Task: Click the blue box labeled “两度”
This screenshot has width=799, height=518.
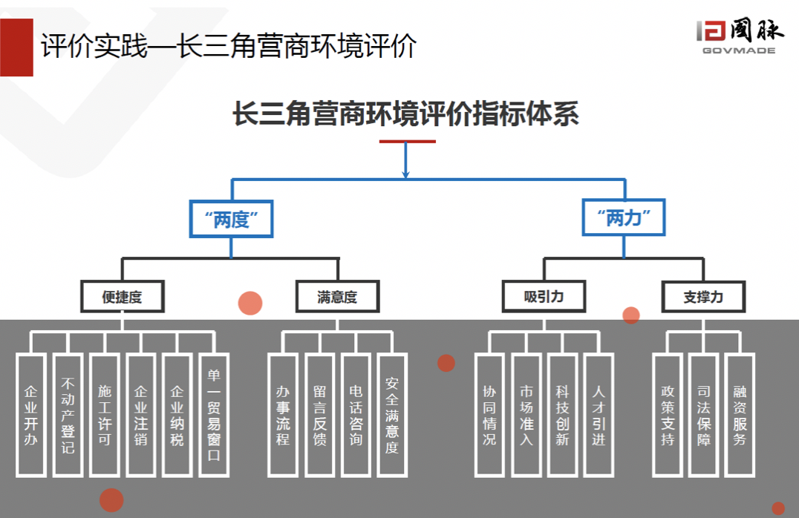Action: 231,219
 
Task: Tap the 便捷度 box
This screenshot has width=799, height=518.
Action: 122,297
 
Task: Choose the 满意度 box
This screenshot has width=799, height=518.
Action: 337,297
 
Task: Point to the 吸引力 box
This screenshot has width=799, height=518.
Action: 544,297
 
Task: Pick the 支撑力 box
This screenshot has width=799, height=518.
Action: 703,297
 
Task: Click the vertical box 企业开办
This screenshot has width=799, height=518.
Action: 31,415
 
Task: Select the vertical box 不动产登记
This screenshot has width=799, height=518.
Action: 68,415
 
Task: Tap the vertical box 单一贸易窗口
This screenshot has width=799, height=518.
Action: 215,415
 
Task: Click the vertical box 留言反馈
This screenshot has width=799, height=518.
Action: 319,415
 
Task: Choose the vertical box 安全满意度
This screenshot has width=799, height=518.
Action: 392,415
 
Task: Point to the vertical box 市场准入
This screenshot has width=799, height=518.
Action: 526,415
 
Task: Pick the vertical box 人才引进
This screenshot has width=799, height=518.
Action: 599,415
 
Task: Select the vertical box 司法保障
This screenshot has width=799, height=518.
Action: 703,415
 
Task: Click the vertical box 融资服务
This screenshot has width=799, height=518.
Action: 740,415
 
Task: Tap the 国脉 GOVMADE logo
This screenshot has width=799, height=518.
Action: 740,36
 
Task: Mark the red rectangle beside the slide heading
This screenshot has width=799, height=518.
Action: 16,46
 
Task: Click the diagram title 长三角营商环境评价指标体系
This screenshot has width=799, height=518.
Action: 405,116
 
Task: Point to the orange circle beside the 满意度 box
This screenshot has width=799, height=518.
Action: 250,303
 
